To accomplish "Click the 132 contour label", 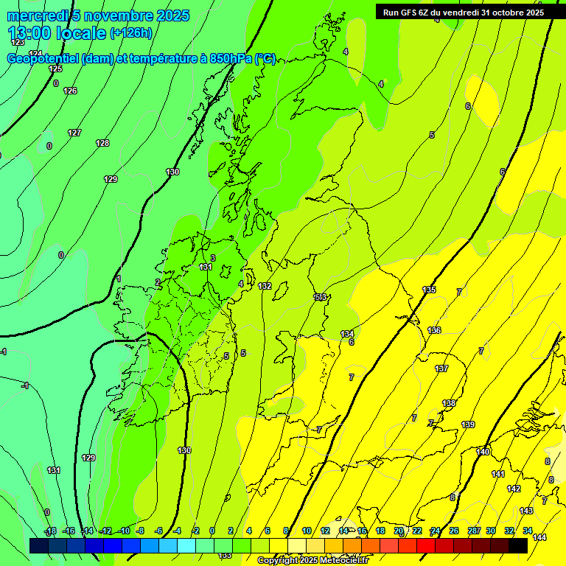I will point(265,286).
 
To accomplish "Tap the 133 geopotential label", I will point(320,297).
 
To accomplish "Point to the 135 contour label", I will point(429,290).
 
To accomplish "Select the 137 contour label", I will point(441,368).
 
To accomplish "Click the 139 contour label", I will point(468,424).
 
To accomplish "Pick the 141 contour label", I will point(498,474).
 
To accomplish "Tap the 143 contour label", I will point(526,511).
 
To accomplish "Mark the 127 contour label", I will point(74,133).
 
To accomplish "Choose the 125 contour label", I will point(55,69).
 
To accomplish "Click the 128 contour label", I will point(102,143).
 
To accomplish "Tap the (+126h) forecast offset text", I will point(130,33).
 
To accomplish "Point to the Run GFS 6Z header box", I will point(464,12).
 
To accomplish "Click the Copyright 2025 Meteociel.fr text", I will point(312,561).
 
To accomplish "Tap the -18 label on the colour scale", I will point(51,531).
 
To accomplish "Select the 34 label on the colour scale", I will point(528,531).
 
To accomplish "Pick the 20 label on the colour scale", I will point(399,531).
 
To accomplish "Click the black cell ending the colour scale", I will point(517,545).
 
